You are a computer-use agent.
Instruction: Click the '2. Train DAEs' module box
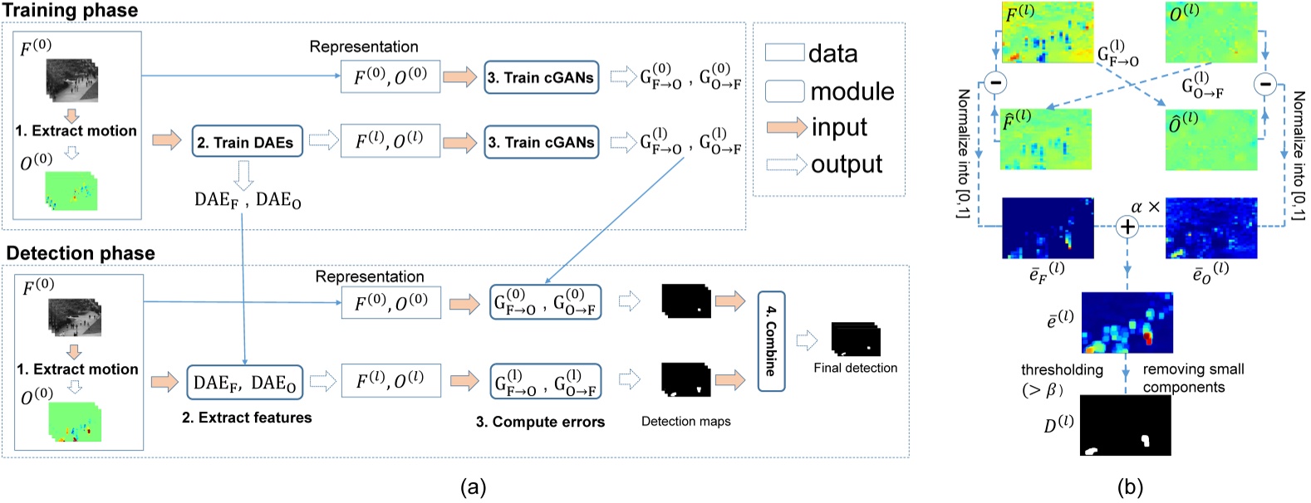coord(247,142)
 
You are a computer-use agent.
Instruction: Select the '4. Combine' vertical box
coord(771,341)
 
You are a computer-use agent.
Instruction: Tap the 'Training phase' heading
coord(70,11)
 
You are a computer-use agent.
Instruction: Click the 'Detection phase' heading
coord(81,253)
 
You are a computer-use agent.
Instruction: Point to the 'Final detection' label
coord(855,368)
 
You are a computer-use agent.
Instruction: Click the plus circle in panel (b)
coord(1127,226)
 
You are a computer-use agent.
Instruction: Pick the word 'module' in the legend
coord(852,91)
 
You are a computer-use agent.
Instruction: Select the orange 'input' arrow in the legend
coord(786,127)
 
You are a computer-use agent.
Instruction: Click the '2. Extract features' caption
coord(247,418)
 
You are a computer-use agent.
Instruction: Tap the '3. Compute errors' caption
coord(540,422)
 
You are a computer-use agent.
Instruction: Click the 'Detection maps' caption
coord(685,422)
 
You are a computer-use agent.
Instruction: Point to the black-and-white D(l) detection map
coord(1126,425)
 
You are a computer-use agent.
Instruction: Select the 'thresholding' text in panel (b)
coord(1062,370)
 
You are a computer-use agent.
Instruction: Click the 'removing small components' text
coord(1192,378)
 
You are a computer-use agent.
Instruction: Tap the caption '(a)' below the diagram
coord(473,487)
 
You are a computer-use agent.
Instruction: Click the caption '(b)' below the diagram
coord(1130,487)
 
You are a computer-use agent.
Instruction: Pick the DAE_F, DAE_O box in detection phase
coord(244,383)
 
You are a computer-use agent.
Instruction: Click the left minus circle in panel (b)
coord(994,82)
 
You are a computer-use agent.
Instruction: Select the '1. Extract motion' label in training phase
coord(76,130)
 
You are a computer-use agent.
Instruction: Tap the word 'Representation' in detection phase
coord(369,276)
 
